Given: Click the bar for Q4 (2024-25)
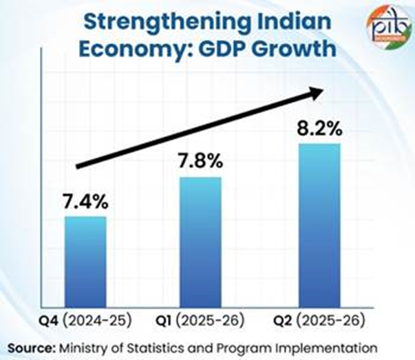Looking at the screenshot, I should (86, 262).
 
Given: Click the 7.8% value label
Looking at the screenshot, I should (200, 162).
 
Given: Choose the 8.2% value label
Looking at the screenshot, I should (319, 129).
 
